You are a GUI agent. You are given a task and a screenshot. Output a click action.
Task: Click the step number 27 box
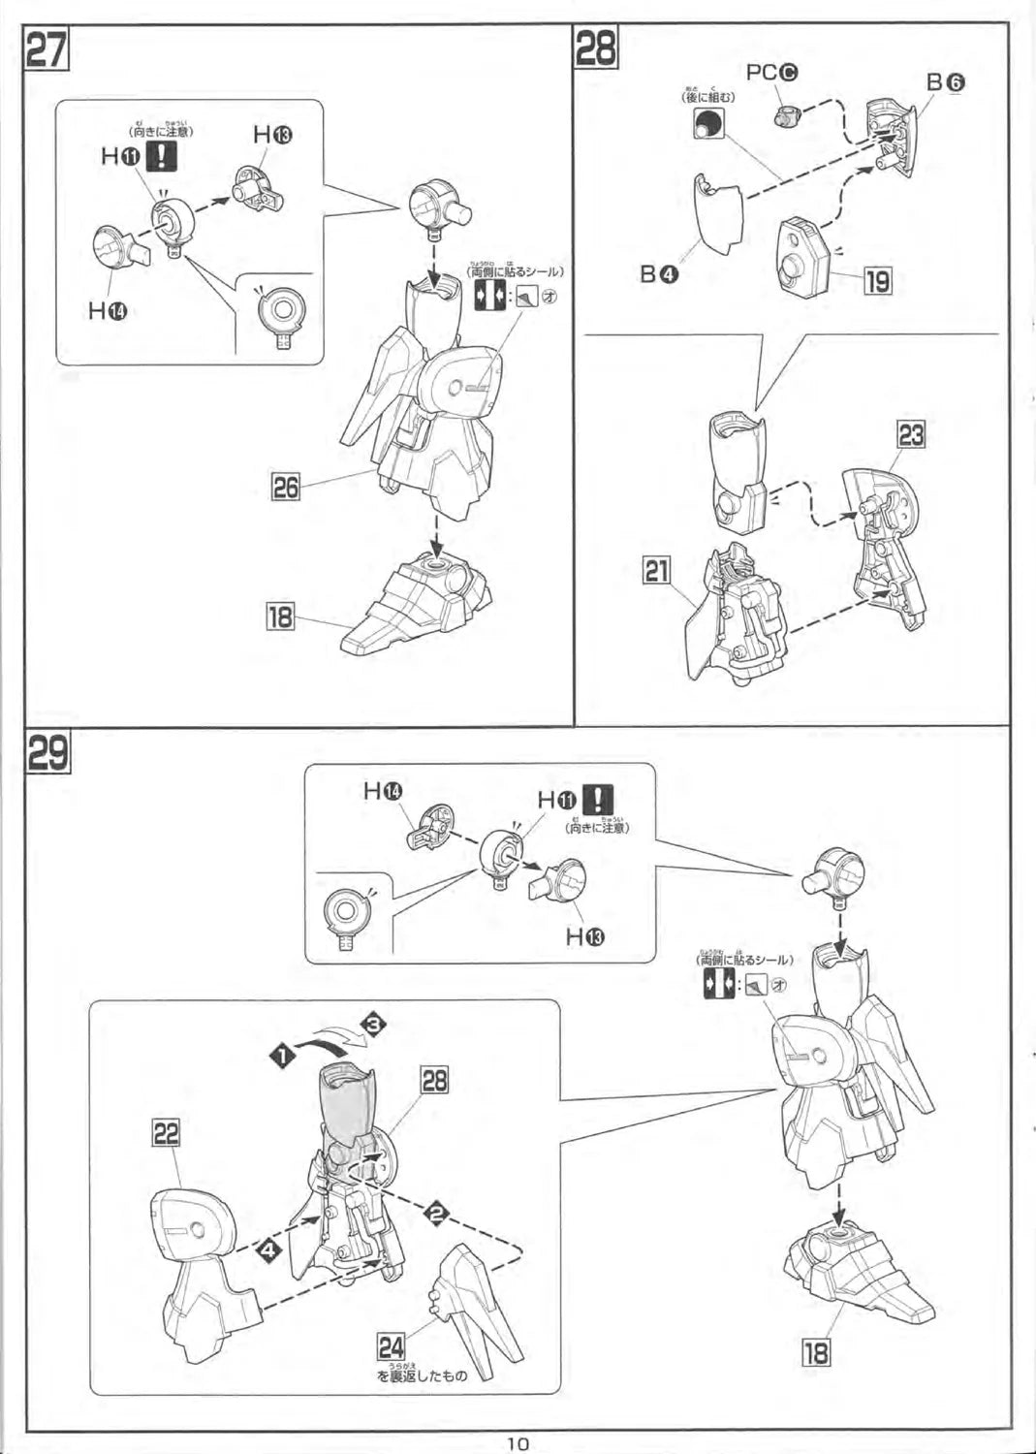[47, 49]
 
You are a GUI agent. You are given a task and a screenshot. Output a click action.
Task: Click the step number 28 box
[596, 47]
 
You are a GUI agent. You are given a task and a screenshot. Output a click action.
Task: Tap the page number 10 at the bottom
[518, 1442]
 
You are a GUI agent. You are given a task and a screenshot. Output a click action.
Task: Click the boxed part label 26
[285, 486]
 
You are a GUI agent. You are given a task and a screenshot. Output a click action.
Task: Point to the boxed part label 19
[877, 281]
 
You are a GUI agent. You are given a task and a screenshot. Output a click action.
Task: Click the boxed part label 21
[657, 570]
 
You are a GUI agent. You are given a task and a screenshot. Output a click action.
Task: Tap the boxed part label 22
[166, 1132]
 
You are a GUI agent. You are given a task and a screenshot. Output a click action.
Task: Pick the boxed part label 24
[392, 1346]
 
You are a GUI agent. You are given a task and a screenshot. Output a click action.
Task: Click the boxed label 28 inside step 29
[434, 1079]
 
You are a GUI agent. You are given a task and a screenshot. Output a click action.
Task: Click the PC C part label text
[771, 73]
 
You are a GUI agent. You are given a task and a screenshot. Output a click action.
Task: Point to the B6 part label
[945, 82]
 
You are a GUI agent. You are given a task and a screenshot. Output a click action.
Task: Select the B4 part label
[659, 273]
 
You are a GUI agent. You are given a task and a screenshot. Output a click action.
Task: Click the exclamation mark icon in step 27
[160, 156]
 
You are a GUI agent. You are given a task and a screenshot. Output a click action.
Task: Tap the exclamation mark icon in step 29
[601, 800]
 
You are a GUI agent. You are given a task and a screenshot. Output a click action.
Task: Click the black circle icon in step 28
[708, 123]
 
